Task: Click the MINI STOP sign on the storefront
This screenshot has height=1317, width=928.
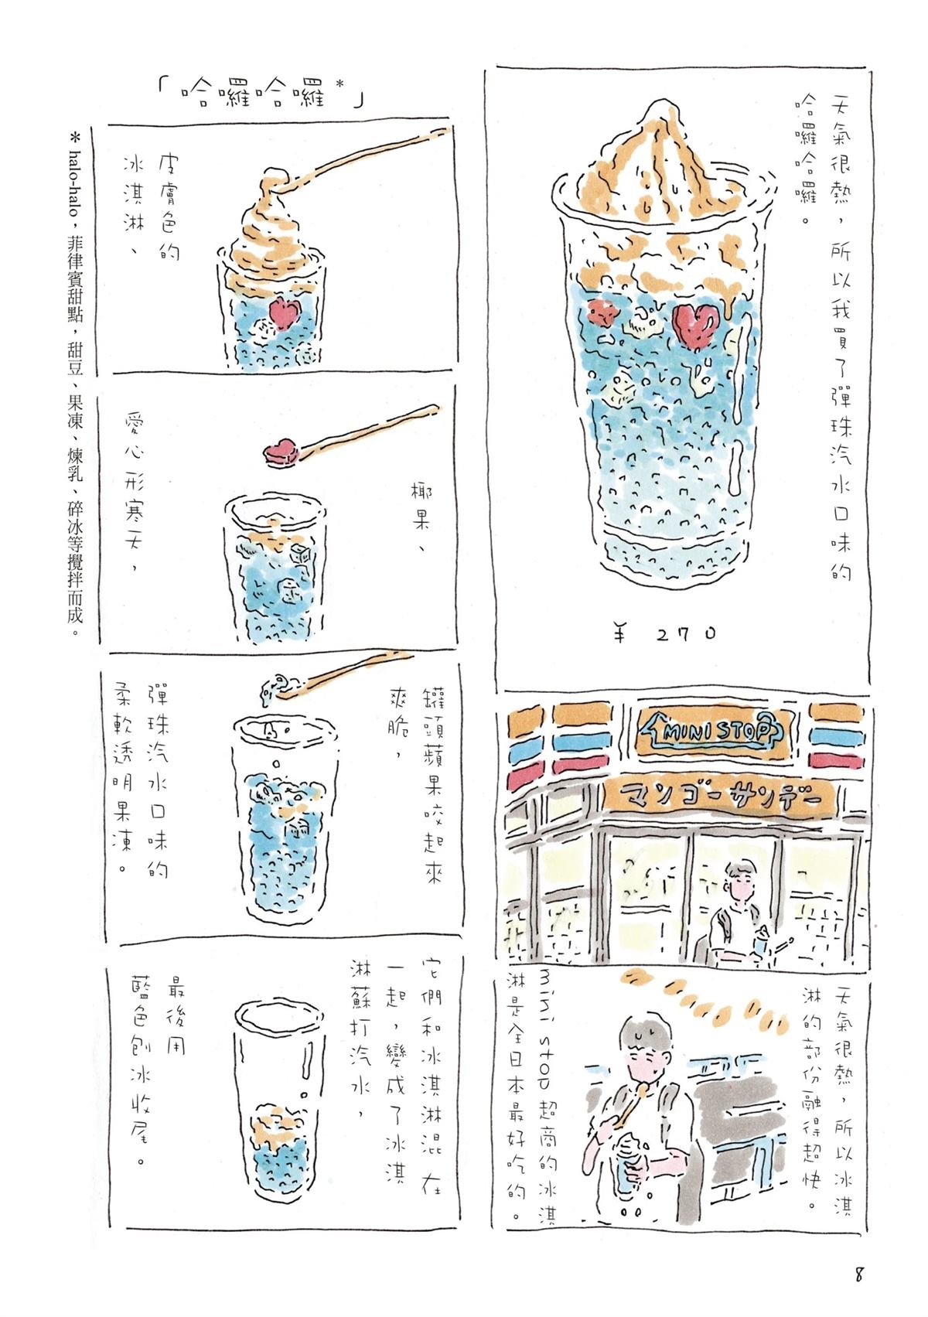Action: coord(708,730)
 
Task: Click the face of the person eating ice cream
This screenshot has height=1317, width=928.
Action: coord(649,1049)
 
